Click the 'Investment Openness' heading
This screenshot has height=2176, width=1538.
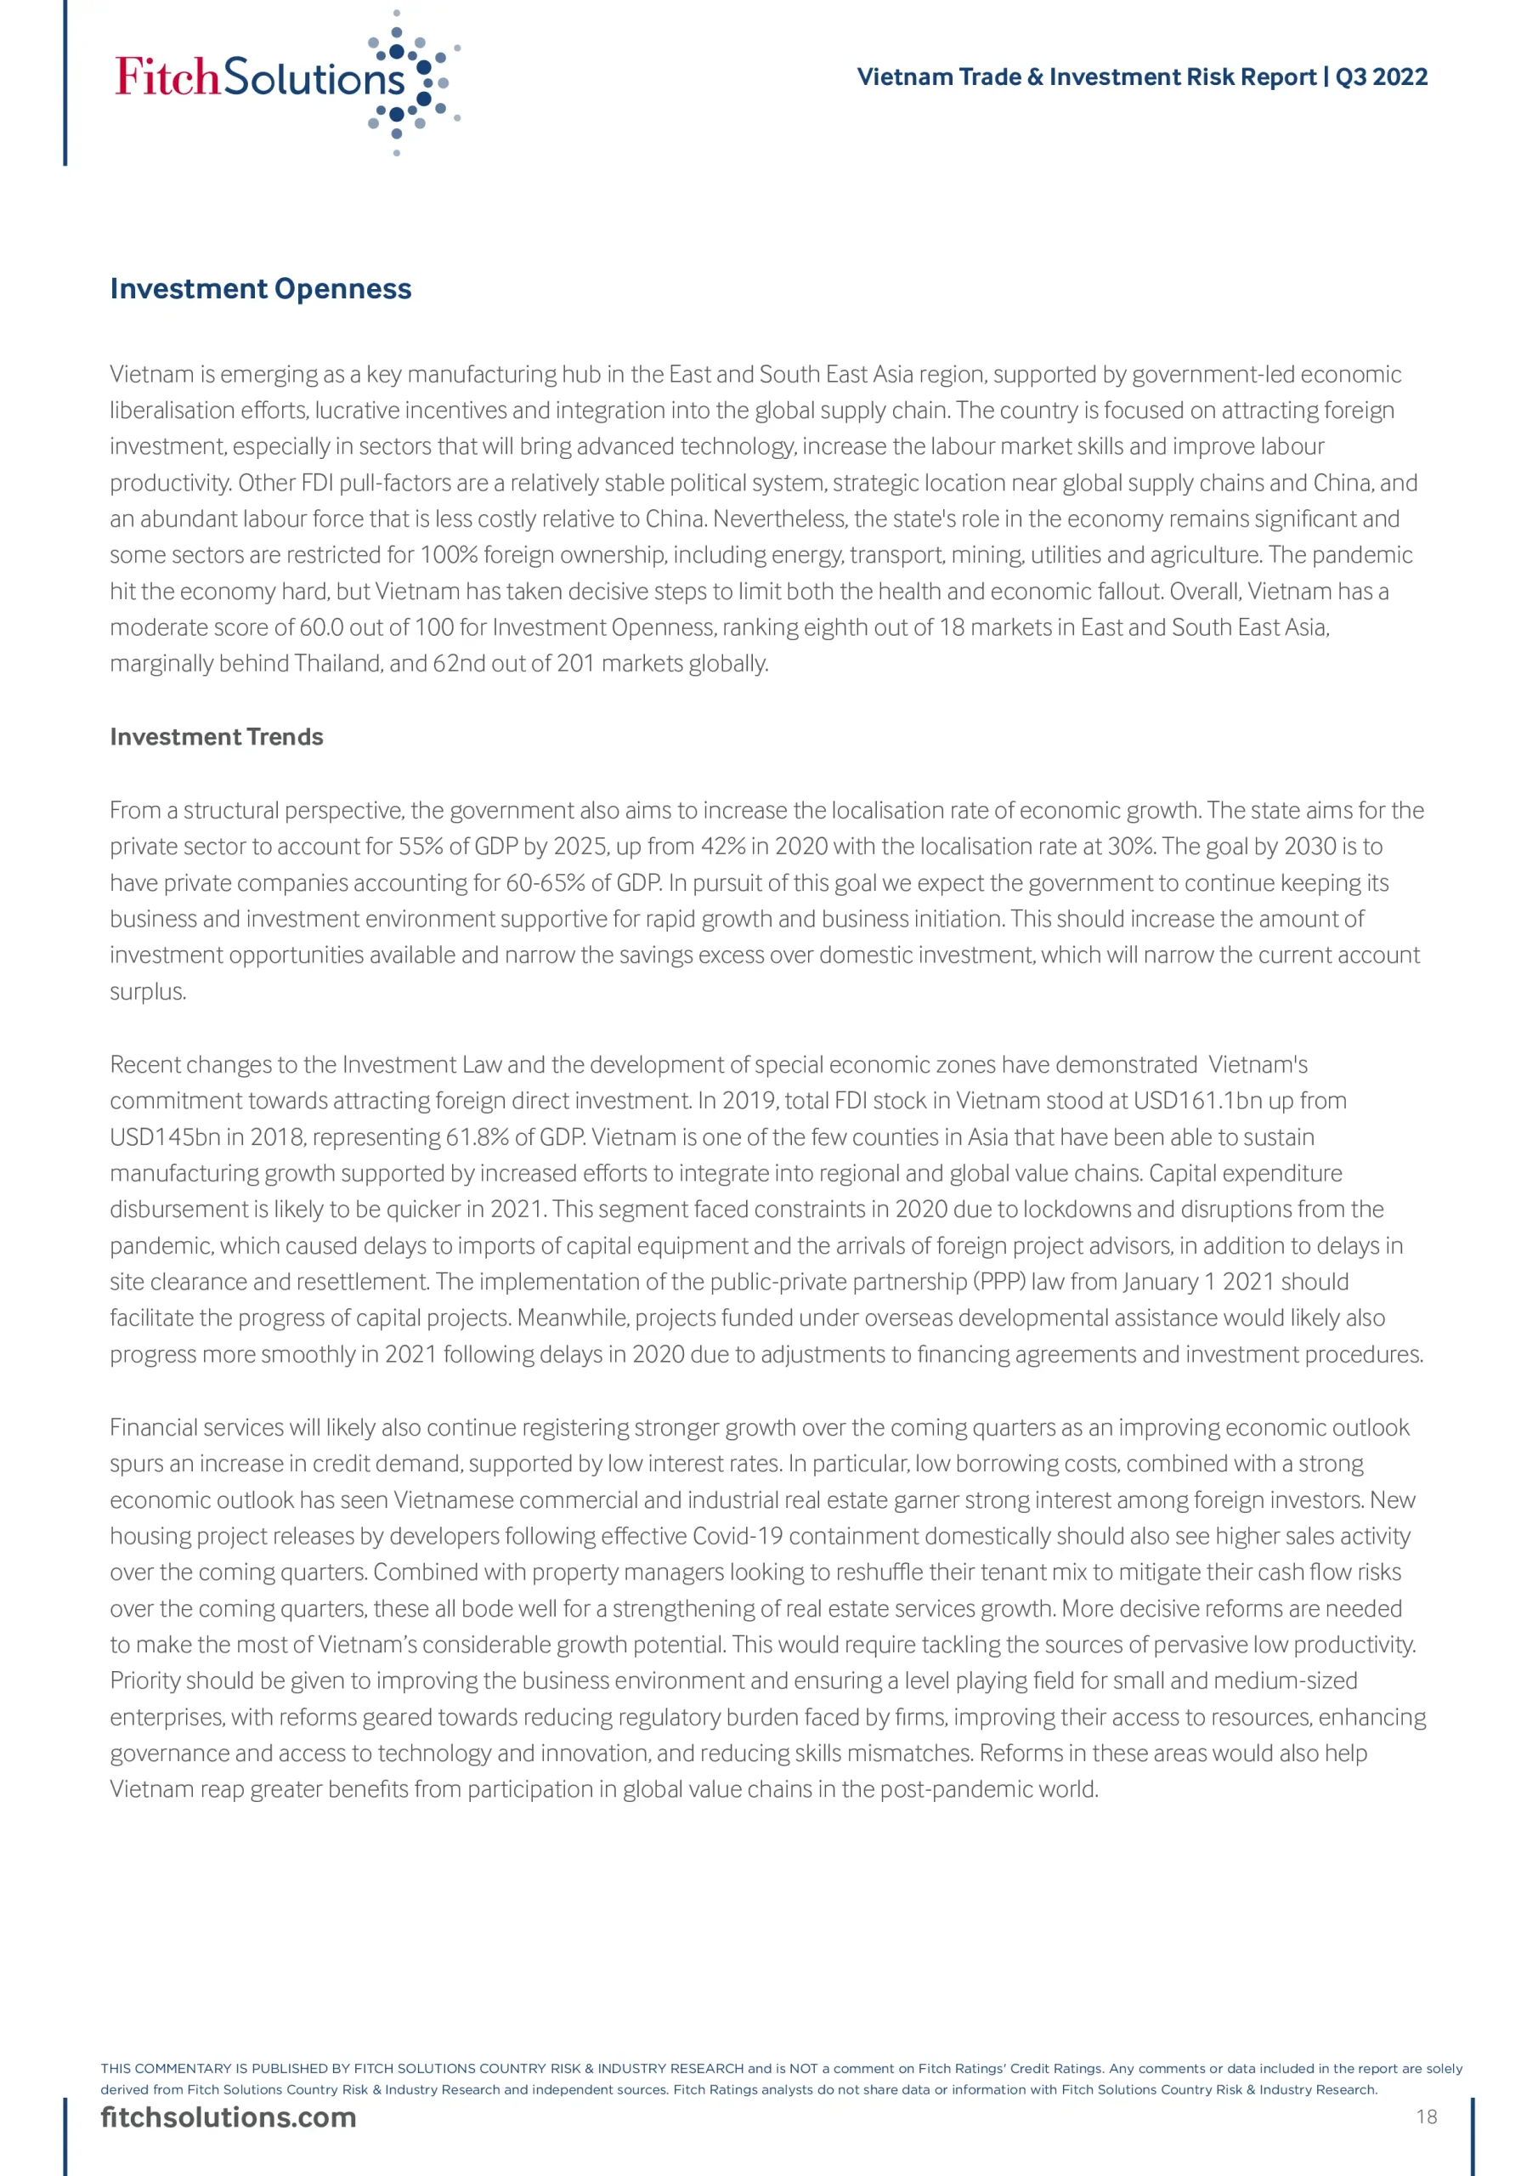[261, 288]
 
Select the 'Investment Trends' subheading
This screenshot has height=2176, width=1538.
[216, 736]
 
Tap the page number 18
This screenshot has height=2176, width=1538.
[1426, 2117]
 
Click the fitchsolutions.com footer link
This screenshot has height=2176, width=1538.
[229, 2118]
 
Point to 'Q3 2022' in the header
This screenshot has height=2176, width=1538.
[1381, 76]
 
